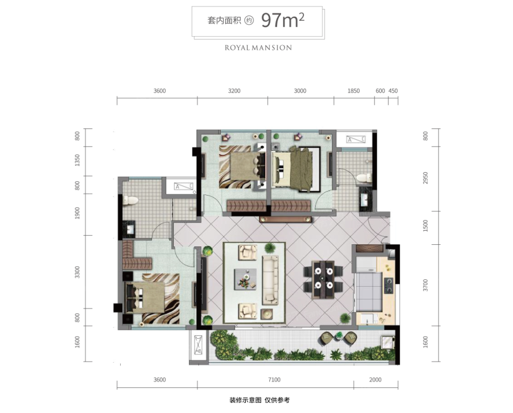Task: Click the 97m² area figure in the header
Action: (x=283, y=20)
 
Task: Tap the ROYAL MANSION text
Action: (x=258, y=48)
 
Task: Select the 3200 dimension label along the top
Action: (x=234, y=91)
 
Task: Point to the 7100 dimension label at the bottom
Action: (x=274, y=379)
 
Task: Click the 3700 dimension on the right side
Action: (x=425, y=285)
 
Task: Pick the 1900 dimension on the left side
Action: (x=77, y=213)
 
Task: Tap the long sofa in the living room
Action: (x=270, y=280)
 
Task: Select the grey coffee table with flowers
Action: (x=245, y=279)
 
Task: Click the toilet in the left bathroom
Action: (x=131, y=200)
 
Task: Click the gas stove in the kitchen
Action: (x=388, y=284)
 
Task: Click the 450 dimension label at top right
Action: (x=393, y=91)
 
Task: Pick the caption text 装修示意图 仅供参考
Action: (x=260, y=400)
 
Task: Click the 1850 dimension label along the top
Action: (x=353, y=91)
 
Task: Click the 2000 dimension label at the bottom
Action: (x=376, y=379)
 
